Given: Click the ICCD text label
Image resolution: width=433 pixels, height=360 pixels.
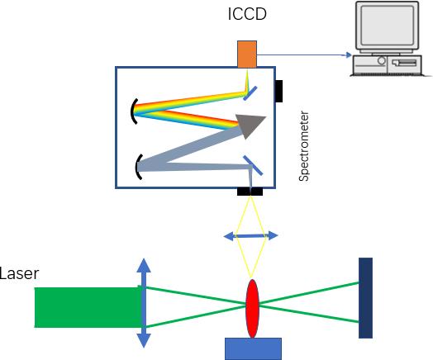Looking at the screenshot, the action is tap(247, 14).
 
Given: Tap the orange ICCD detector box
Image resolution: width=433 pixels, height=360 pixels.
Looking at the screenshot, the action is tap(247, 54).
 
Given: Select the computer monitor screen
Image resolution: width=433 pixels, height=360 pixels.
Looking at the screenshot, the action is tap(388, 26).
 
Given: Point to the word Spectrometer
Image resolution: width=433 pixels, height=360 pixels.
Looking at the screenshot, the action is tap(304, 146).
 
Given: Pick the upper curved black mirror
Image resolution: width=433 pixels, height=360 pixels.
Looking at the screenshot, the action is tap(134, 111).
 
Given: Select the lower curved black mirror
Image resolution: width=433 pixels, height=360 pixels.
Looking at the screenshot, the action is tap(139, 167).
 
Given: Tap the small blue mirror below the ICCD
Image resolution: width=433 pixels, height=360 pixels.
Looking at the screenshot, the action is tap(250, 93).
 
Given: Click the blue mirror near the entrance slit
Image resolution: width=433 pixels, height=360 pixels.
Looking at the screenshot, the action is tap(253, 165).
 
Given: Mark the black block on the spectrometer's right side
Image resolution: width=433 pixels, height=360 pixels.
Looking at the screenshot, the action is tap(279, 92).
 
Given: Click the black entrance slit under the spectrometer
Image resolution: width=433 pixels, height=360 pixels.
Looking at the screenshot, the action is tap(250, 192).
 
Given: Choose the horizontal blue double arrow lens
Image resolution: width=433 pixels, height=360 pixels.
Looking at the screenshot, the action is tap(250, 236).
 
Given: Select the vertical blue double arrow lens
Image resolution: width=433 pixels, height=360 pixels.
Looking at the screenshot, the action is tap(144, 303).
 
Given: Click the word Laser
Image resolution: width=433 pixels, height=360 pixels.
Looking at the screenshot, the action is tap(19, 273).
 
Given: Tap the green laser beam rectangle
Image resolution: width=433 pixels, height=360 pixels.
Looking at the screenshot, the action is tap(88, 307).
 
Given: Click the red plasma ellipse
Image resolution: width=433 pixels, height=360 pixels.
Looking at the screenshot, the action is tap(252, 309).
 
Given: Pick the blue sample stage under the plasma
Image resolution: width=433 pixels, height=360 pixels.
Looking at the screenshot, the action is tap(253, 348).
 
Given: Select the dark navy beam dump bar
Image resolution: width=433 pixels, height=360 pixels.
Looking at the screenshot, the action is tap(365, 298).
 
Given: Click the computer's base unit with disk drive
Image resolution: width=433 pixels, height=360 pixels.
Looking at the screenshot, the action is tap(388, 64).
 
